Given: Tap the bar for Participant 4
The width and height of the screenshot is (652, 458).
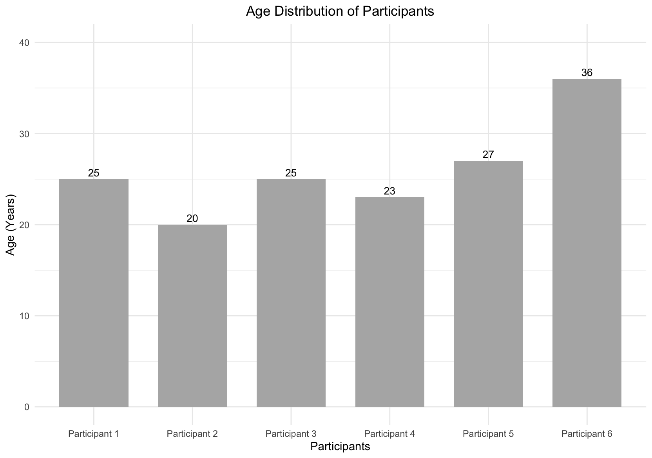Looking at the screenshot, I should point(389,302).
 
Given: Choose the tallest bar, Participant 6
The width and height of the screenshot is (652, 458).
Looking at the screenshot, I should point(587,243).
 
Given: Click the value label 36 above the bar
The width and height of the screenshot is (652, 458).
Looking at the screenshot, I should point(587,73).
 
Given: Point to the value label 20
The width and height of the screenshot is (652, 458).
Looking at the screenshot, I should point(192,218).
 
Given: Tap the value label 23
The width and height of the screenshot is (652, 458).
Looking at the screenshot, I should point(389,191).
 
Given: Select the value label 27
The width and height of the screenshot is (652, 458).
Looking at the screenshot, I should point(488,154).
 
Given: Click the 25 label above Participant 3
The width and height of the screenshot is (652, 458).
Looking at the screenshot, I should point(291,173).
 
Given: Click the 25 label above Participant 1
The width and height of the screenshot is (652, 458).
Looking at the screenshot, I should point(94,173).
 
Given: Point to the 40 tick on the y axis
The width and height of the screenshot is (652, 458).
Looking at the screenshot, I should point(24,43).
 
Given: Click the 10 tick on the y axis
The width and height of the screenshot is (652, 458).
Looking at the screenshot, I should point(24,316).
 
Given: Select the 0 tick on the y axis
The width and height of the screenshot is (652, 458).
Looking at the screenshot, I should point(27,407).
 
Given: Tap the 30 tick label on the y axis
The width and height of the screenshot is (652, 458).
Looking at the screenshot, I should point(24,134).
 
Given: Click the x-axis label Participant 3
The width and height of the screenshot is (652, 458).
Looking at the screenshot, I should point(291,434).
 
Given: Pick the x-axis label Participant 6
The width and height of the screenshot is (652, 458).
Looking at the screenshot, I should point(587,434).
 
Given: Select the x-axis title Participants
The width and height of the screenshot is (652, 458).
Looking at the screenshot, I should point(340,446).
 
